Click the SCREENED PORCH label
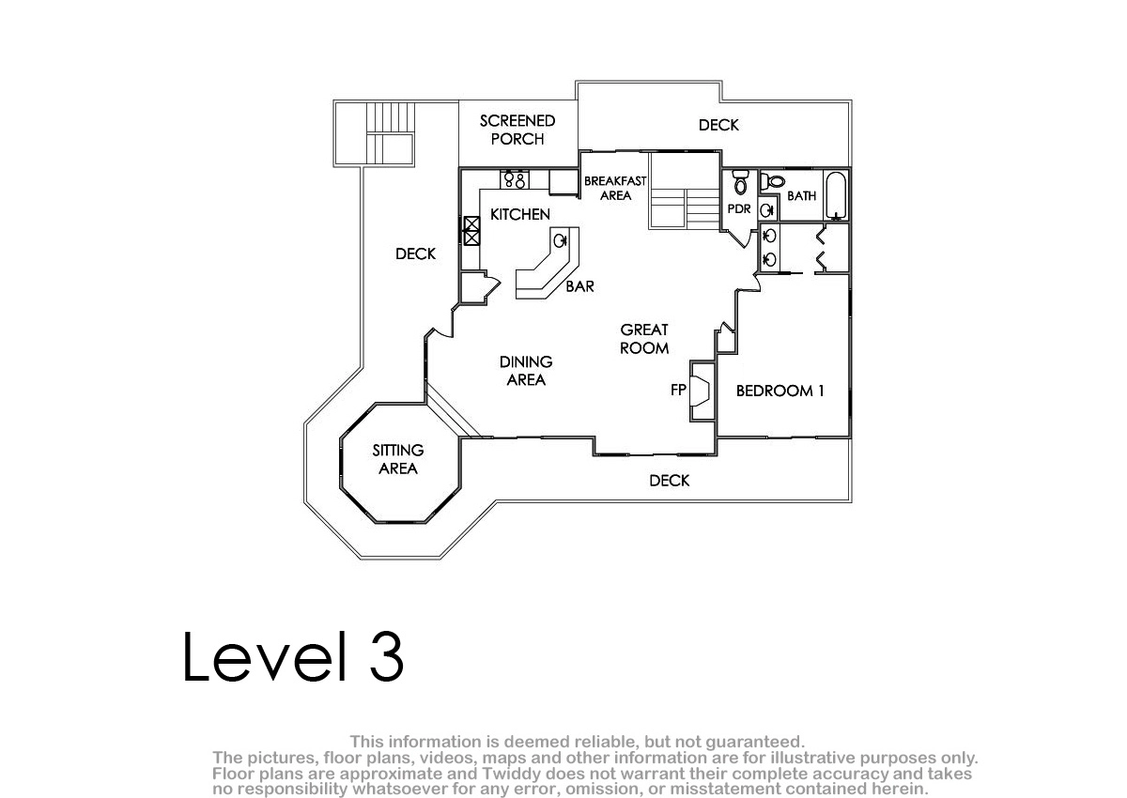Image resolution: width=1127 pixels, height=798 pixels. pos(517,130)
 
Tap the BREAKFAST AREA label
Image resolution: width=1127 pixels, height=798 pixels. pos(615,188)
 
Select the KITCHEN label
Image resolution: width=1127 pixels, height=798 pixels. pos(519,214)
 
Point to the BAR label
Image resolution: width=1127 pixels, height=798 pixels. pos(580,286)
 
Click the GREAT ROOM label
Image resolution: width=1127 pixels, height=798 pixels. pos(644,339)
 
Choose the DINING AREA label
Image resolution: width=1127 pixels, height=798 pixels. pos(526,371)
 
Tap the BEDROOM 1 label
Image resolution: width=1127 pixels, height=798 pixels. pos(780,391)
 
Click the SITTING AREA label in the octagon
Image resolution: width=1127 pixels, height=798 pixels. pos(398,459)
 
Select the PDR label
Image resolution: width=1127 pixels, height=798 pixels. pos(739,208)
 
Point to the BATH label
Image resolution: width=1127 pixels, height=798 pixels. pos(801,195)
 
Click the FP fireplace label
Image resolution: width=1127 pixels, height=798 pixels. pos(678,390)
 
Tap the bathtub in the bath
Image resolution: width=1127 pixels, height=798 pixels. pos(836,195)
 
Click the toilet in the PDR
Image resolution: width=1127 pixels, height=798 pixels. pos(740,181)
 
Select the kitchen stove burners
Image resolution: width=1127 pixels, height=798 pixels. pos(515,179)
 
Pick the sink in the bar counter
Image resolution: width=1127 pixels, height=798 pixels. pos(560,241)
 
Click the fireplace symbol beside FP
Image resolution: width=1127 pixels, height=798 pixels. pos(701,391)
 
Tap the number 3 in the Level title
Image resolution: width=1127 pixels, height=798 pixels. pos(386,656)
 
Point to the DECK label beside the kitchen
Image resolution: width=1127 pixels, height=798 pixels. pos(415,253)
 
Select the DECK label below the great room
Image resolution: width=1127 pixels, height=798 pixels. pos(669,481)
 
